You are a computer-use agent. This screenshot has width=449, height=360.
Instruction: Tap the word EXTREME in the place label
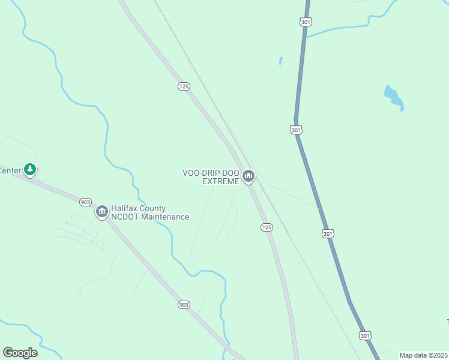[x=221, y=181]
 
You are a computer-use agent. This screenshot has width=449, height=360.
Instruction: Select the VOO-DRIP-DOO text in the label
[x=211, y=173]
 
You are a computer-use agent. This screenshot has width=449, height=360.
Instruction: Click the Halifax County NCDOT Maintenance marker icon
[x=101, y=211]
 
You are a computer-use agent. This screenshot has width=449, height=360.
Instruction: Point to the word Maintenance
[x=166, y=217]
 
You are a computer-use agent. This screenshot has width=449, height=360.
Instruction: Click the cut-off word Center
[x=10, y=170]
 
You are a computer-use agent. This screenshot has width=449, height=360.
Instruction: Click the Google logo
[x=20, y=353]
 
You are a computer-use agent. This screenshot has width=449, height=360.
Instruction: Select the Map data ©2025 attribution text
[x=423, y=355]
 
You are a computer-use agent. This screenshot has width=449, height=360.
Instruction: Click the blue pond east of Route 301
[x=393, y=97]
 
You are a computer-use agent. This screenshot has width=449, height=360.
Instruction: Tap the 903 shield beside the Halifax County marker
[x=85, y=202]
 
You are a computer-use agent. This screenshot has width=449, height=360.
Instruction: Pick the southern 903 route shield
[x=184, y=305]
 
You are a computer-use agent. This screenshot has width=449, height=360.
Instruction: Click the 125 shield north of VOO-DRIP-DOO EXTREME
[x=184, y=86]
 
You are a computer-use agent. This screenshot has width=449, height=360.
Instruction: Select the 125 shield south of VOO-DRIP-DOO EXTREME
[x=267, y=227]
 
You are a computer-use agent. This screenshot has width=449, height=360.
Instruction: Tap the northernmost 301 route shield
[x=305, y=22]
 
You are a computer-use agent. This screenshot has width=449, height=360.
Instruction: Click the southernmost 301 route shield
[x=364, y=335]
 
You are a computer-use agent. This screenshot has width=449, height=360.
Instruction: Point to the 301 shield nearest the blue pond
[x=296, y=130]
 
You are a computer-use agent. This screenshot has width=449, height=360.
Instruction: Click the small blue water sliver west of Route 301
[x=280, y=61]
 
